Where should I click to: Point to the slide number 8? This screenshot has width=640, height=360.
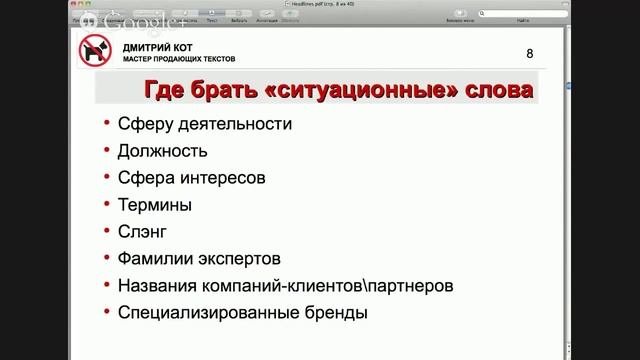[529, 53]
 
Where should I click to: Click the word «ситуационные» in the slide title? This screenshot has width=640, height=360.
[351, 91]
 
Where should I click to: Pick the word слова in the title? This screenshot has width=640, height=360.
[489, 91]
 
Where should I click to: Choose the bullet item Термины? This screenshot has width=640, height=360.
[155, 206]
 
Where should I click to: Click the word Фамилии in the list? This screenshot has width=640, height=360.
[155, 259]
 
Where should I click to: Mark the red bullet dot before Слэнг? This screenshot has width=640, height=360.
[107, 233]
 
